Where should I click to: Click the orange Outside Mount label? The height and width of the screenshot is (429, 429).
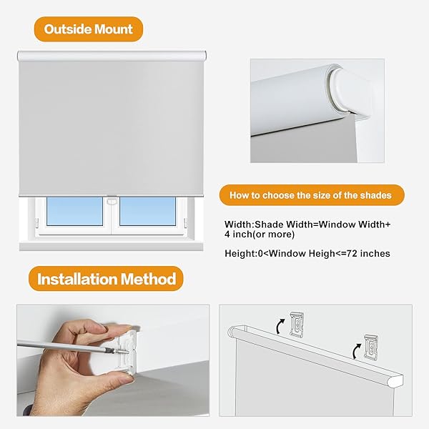coord(89,29)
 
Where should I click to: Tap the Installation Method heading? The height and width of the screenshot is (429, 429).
coord(107,278)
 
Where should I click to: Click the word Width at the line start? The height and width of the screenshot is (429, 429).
coord(237,224)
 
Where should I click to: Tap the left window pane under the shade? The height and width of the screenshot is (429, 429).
coord(74,211)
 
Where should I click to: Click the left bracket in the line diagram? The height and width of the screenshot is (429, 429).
coord(297,324)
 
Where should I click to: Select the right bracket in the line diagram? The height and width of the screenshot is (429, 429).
coord(372,346)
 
